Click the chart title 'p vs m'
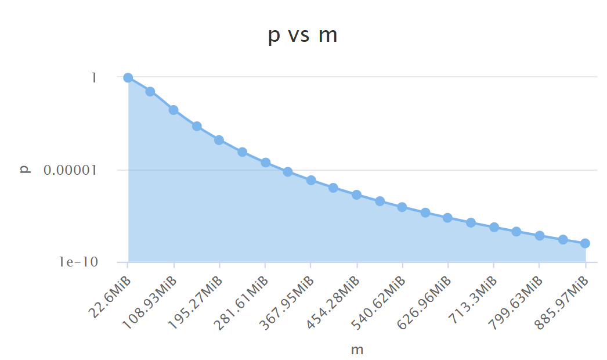(303, 35)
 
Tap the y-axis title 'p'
(24, 170)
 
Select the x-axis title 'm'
(357, 350)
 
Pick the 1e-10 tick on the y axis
(78, 262)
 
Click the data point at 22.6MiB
(128, 78)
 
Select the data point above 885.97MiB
(585, 243)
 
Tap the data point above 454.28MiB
(357, 195)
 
